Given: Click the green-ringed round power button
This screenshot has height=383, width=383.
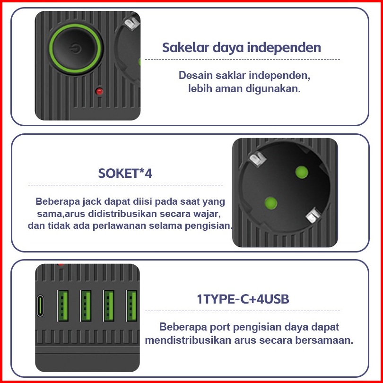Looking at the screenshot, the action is pos(75,49).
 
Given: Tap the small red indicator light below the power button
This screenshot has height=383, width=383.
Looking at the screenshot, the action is pos(99,91).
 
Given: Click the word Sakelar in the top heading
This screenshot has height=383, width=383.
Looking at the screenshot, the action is pos(185,47).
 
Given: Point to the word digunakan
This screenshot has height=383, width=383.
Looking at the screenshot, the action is pos(273,88).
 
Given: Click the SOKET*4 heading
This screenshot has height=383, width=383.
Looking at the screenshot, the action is pos(125,174).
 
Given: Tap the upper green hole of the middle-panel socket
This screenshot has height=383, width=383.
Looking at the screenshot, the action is pos(301,172).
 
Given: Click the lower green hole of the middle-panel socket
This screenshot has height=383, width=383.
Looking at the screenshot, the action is pos(270,203).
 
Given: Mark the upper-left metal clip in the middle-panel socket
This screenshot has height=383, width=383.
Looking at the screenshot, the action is pos(257,159).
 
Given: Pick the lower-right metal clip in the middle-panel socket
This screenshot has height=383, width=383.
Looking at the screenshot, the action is pos(313,215).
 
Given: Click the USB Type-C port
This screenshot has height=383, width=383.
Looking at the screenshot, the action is pos(40,306).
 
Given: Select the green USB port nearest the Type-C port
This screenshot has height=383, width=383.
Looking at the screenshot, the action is pos(62,306).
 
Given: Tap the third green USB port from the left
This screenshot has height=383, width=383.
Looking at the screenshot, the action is pos(108,306).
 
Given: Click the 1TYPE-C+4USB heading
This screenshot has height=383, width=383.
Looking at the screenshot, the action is pos(243,299).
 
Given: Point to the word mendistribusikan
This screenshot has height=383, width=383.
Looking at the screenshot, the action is pos(188,340).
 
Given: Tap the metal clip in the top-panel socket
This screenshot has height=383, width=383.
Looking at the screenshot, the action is pos(132,24).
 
